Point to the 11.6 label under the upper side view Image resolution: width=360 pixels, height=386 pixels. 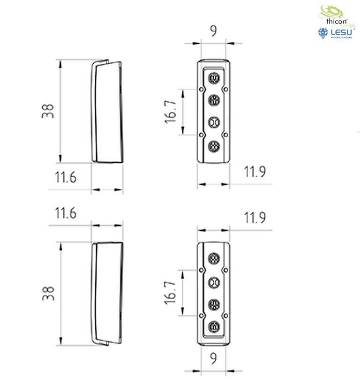click(x=66, y=178)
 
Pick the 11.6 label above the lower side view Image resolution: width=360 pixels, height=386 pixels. click(x=66, y=214)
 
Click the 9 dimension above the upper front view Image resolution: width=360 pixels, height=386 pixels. click(x=213, y=31)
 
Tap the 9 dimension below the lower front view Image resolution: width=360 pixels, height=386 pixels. click(x=213, y=359)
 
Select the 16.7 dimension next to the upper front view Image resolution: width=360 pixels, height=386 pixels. click(x=171, y=112)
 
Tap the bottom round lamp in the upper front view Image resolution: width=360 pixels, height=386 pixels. click(x=214, y=146)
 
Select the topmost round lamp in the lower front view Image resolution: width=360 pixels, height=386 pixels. click(x=214, y=259)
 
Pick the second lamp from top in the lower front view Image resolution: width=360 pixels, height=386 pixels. click(x=214, y=282)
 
